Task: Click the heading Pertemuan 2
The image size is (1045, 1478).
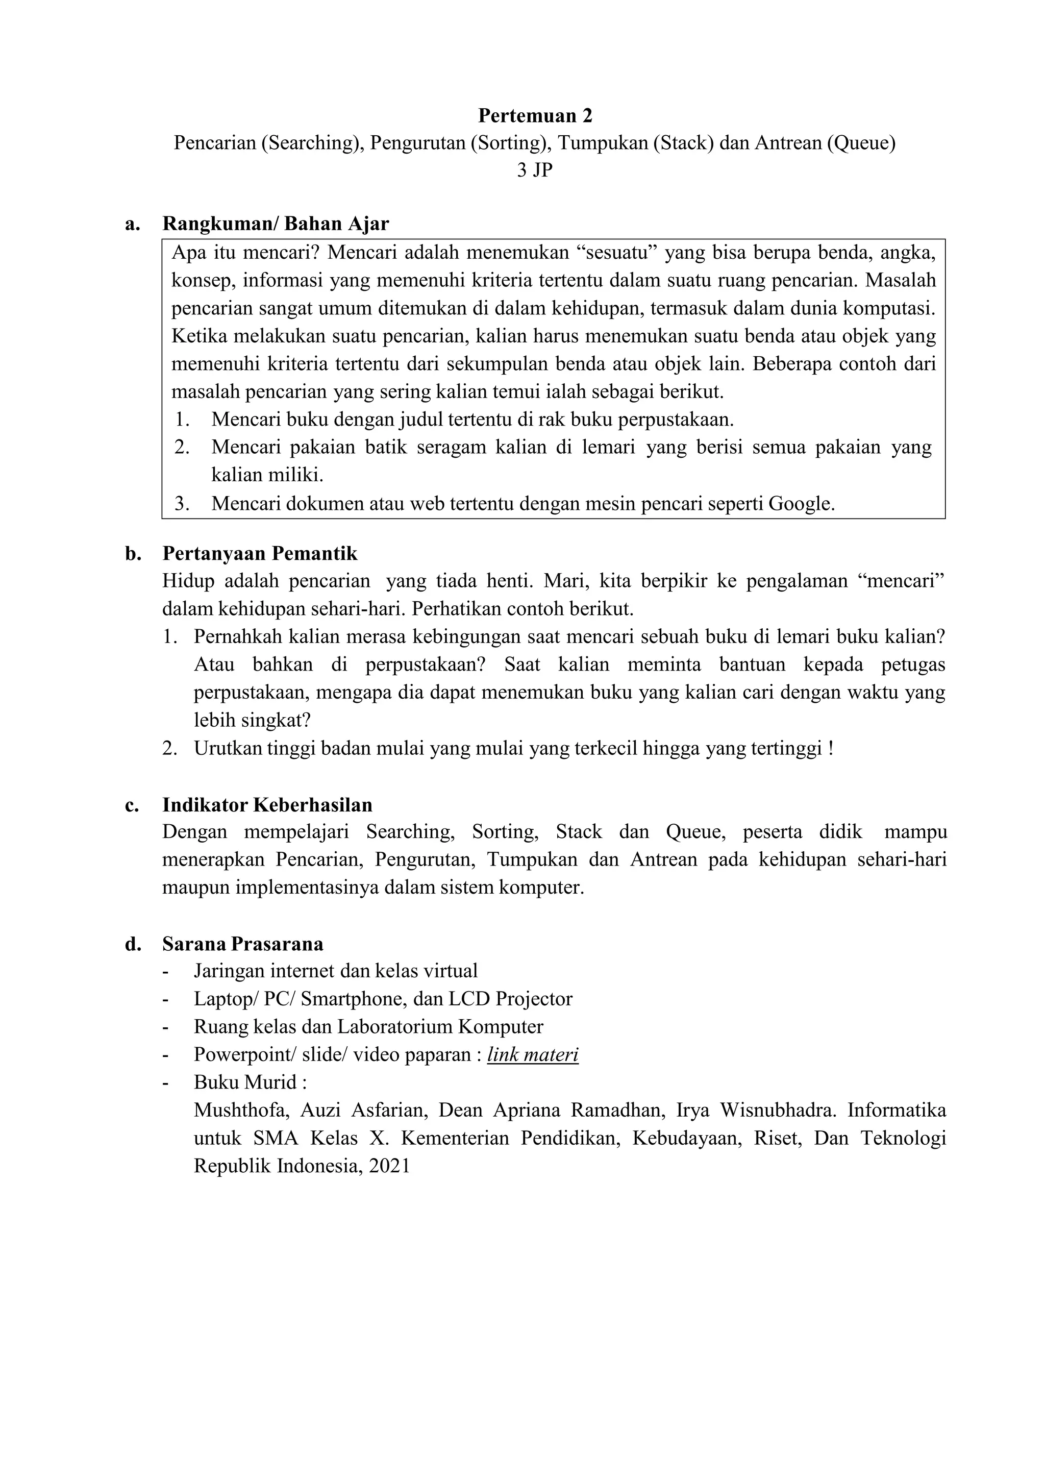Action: [535, 116]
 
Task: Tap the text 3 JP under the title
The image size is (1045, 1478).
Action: [535, 170]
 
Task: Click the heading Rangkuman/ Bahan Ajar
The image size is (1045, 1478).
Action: [276, 224]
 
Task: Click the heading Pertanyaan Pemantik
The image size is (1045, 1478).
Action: [259, 554]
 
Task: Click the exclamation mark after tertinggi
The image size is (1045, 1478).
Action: [831, 749]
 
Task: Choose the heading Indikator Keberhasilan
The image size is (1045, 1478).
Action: [267, 805]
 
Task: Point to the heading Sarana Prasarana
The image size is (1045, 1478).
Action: [242, 944]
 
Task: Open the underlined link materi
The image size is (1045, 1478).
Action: [533, 1055]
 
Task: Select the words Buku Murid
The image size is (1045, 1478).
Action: [245, 1083]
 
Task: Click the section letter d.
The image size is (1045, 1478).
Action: [133, 944]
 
